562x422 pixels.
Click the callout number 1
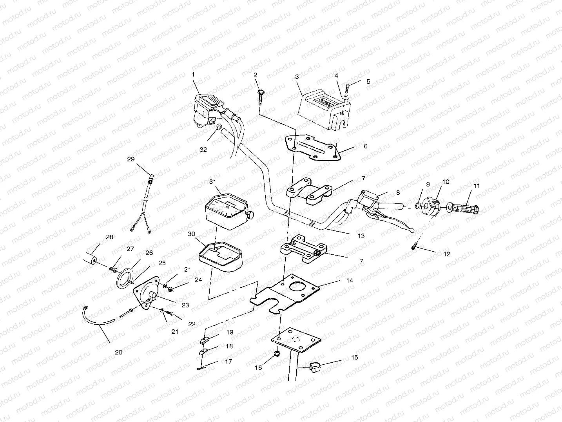coord(193,74)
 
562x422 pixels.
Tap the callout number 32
coord(203,150)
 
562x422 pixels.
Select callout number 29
coord(131,159)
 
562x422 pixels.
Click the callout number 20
coord(118,352)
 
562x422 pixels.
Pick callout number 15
coord(354,358)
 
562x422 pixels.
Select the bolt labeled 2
coord(260,96)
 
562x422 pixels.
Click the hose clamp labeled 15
coord(314,368)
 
